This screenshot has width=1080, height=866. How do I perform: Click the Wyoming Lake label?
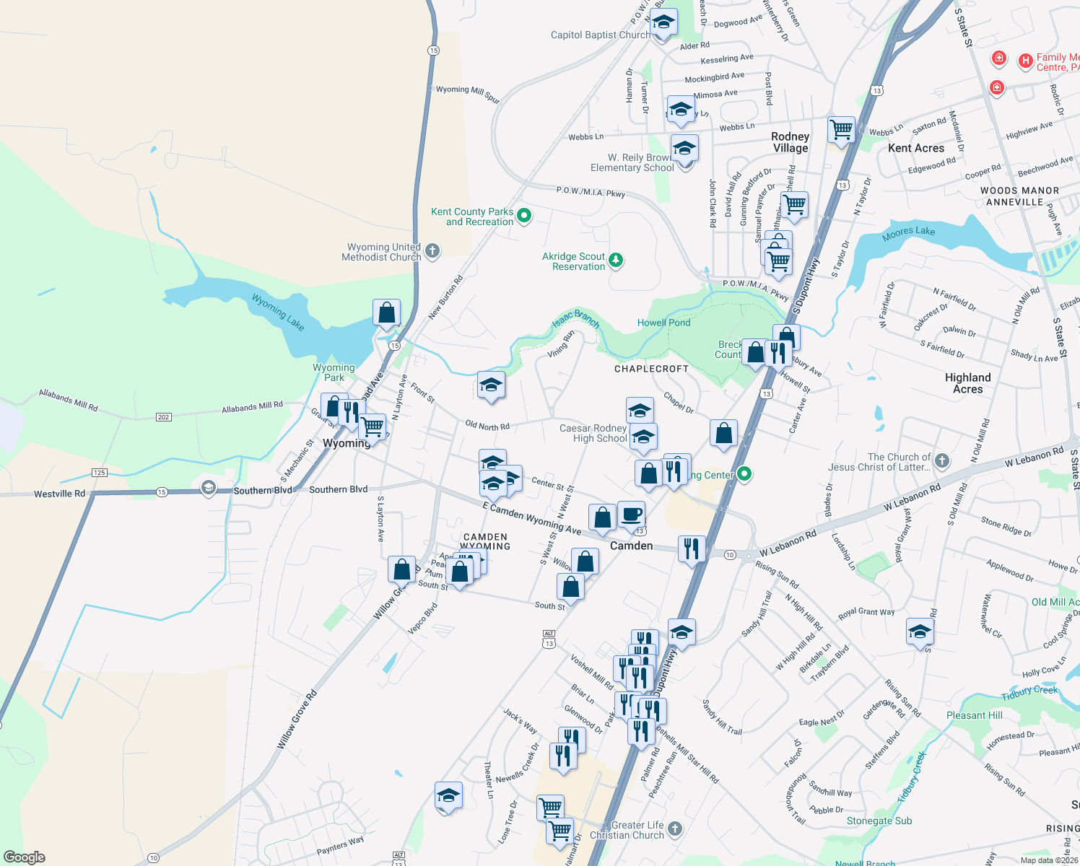point(278,312)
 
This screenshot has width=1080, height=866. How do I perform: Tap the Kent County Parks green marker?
point(525,215)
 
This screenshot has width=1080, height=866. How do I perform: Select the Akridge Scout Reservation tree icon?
point(616,260)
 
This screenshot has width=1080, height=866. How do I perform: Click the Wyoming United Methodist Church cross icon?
point(432,251)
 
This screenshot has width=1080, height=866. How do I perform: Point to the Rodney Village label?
point(791,142)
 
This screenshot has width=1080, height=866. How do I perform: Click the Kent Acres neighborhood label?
point(916,148)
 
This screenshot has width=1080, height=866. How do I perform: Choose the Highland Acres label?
point(967,383)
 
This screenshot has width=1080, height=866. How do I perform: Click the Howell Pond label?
point(663,323)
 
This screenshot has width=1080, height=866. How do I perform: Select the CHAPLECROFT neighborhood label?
point(651,369)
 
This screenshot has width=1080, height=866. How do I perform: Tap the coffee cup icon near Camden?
point(632,515)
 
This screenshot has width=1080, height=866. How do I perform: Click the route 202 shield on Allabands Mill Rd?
point(163,417)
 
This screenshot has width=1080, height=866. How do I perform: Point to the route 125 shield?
point(100,473)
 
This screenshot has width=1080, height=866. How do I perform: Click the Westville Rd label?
point(59,494)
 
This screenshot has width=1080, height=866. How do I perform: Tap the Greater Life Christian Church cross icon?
point(675,828)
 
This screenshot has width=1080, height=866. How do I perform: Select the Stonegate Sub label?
point(879,821)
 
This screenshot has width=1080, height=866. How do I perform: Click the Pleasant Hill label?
point(974,715)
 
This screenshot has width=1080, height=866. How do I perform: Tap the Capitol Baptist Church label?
point(600,35)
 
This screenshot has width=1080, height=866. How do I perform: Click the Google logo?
point(24,857)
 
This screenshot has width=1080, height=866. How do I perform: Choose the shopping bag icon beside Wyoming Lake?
point(387,312)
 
